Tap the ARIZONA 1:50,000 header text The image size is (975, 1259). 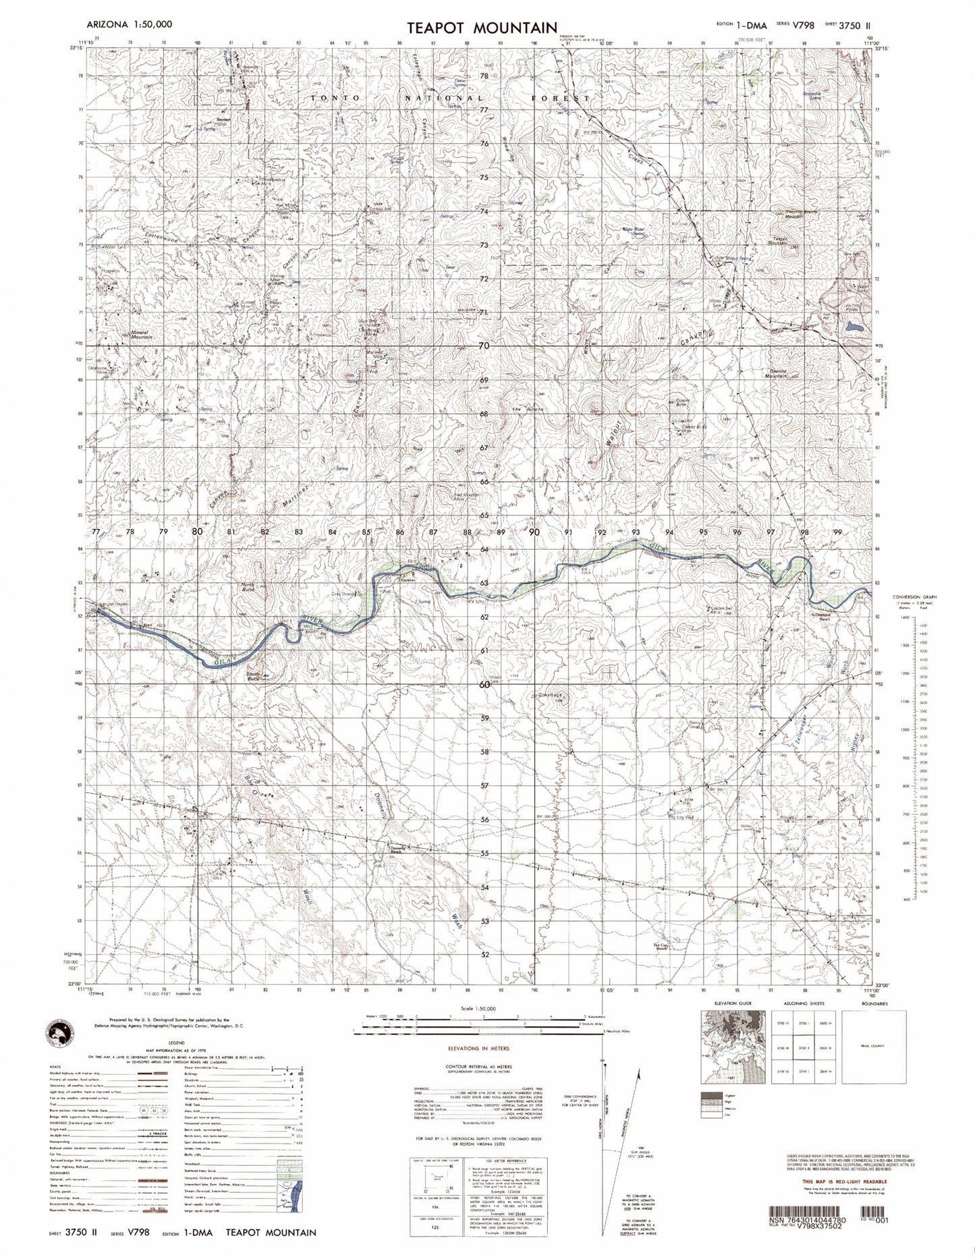coord(130,24)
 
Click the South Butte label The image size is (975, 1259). coord(253,674)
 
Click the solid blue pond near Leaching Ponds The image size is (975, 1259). coord(854,327)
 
